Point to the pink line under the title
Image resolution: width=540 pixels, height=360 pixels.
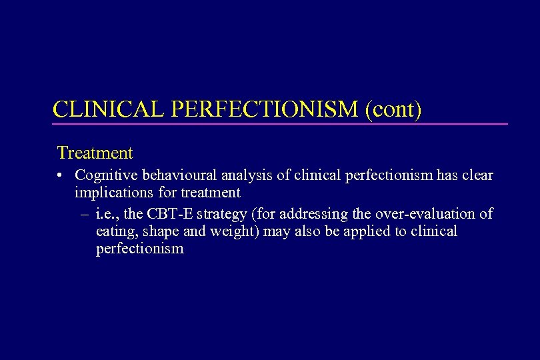tap(280, 124)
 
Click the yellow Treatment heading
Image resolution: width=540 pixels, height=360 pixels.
tap(95, 153)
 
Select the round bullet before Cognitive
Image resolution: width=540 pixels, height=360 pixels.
tap(60, 176)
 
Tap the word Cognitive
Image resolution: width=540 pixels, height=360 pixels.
tap(103, 175)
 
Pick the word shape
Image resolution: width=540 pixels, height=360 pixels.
tap(155, 232)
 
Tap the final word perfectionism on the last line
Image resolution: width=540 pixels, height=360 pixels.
tap(139, 250)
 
